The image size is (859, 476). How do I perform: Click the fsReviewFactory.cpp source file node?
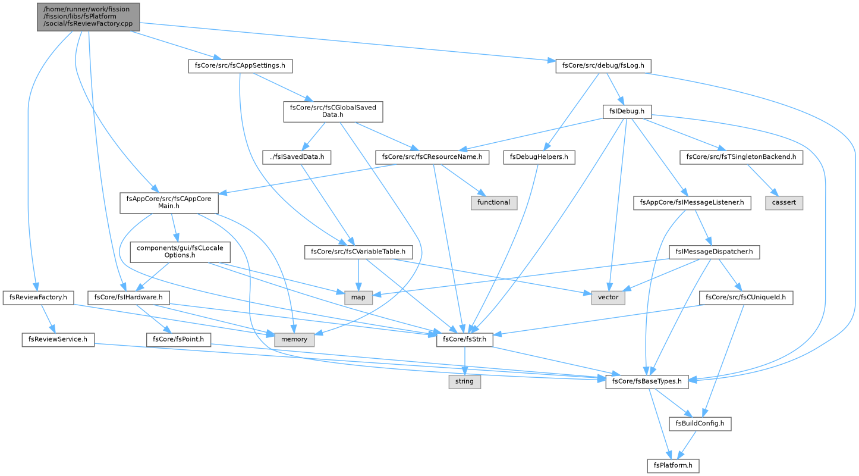click(88, 17)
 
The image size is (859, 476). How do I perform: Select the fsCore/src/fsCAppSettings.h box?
click(240, 66)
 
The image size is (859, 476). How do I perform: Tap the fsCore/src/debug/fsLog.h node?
click(603, 66)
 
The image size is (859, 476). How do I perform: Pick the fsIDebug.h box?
click(627, 112)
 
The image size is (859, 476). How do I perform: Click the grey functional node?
click(494, 203)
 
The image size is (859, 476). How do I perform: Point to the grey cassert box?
click(784, 203)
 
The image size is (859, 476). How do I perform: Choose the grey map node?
click(358, 297)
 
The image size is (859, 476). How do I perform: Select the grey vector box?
click(608, 297)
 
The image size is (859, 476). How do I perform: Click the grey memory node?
click(294, 340)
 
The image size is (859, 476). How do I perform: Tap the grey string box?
click(464, 381)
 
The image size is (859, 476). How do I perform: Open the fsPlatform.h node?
click(673, 466)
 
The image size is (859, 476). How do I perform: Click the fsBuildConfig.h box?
click(700, 424)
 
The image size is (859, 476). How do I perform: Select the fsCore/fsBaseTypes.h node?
click(647, 381)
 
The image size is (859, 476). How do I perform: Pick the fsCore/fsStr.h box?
click(464, 340)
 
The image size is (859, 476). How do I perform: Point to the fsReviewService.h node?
click(58, 340)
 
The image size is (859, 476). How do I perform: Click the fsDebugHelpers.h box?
click(539, 158)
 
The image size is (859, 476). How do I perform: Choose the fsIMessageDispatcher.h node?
click(714, 252)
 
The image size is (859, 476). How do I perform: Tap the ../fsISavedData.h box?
click(297, 158)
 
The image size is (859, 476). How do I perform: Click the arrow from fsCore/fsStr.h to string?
click(464, 361)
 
